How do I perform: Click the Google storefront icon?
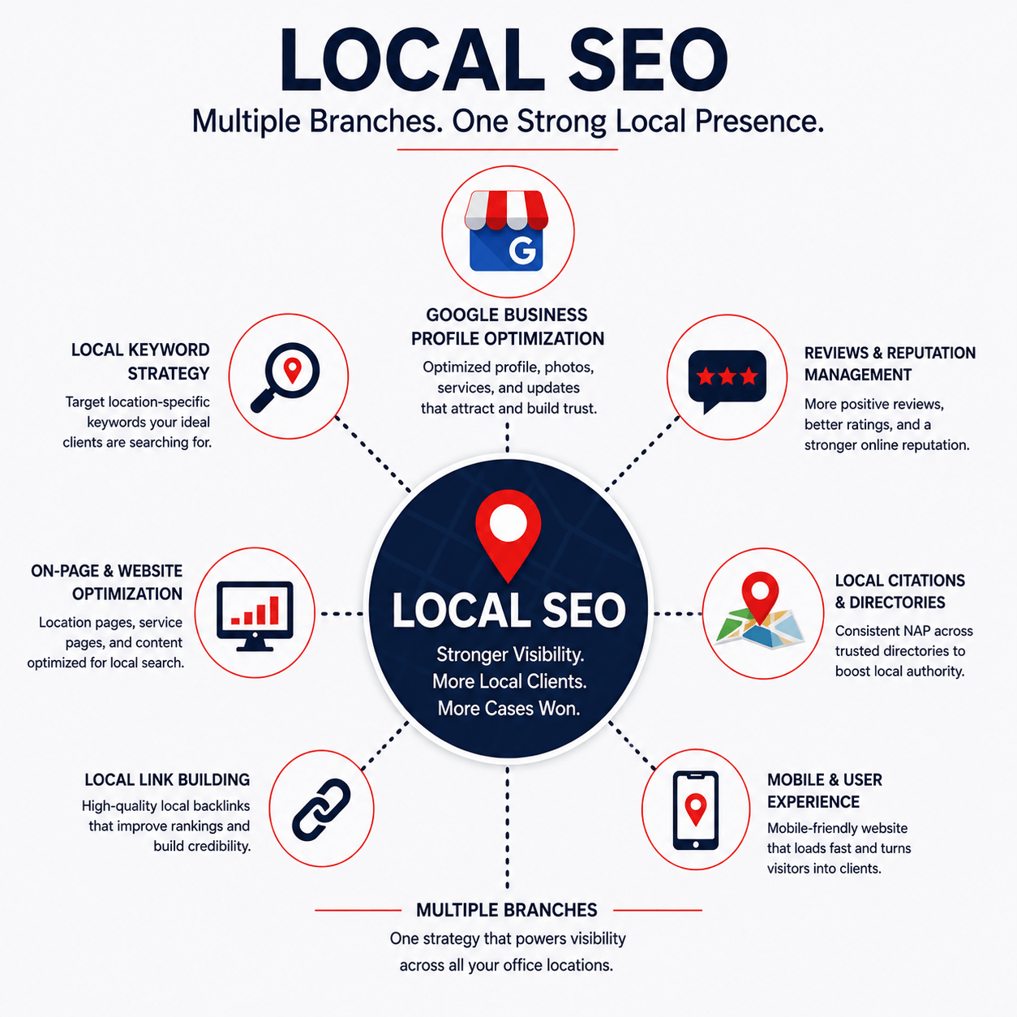506,230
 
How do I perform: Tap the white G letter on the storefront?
522,251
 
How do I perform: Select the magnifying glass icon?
285,377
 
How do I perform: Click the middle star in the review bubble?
727,376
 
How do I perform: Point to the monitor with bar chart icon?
255,616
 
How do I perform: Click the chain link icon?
321,809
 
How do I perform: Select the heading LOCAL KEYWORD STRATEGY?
140,362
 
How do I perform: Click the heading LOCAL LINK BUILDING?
167,779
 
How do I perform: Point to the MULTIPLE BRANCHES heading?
507,910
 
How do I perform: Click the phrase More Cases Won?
508,708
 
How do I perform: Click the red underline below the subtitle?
507,149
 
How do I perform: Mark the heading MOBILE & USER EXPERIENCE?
824,791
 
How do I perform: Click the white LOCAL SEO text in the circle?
508,611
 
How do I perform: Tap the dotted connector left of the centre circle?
341,614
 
